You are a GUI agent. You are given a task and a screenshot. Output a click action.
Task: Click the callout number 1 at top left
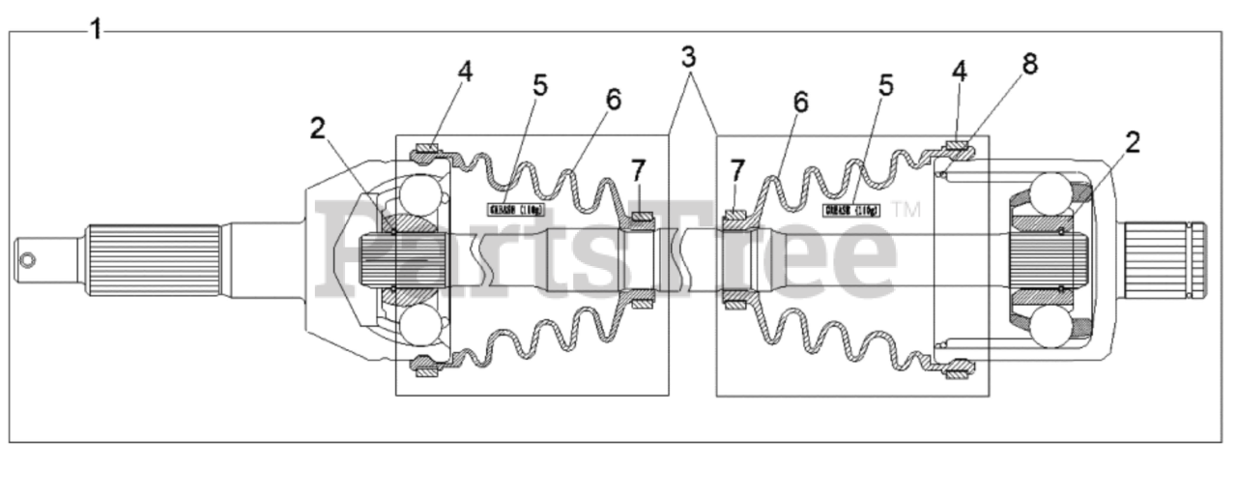click(x=96, y=29)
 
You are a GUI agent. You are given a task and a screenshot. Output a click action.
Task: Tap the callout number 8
click(x=1030, y=65)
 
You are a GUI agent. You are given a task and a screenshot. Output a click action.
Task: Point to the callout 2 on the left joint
click(x=318, y=128)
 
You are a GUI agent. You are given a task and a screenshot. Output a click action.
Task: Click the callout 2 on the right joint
click(x=1132, y=142)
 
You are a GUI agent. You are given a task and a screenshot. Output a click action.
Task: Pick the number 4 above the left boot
click(x=466, y=72)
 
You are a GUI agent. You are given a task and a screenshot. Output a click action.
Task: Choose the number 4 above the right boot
click(x=959, y=72)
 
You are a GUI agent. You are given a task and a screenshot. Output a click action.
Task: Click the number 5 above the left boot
click(x=540, y=84)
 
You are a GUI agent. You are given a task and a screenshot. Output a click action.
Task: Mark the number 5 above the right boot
click(x=885, y=84)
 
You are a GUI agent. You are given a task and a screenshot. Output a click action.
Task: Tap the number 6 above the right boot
click(x=799, y=101)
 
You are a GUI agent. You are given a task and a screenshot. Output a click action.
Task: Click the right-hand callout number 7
click(x=737, y=170)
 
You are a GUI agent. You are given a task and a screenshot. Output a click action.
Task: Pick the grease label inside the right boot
click(x=851, y=209)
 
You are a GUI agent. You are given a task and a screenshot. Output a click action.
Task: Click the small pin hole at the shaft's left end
click(x=30, y=259)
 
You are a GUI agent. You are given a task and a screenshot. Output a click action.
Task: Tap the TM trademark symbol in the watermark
click(x=906, y=208)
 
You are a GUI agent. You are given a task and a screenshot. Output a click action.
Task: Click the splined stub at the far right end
click(x=1165, y=259)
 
